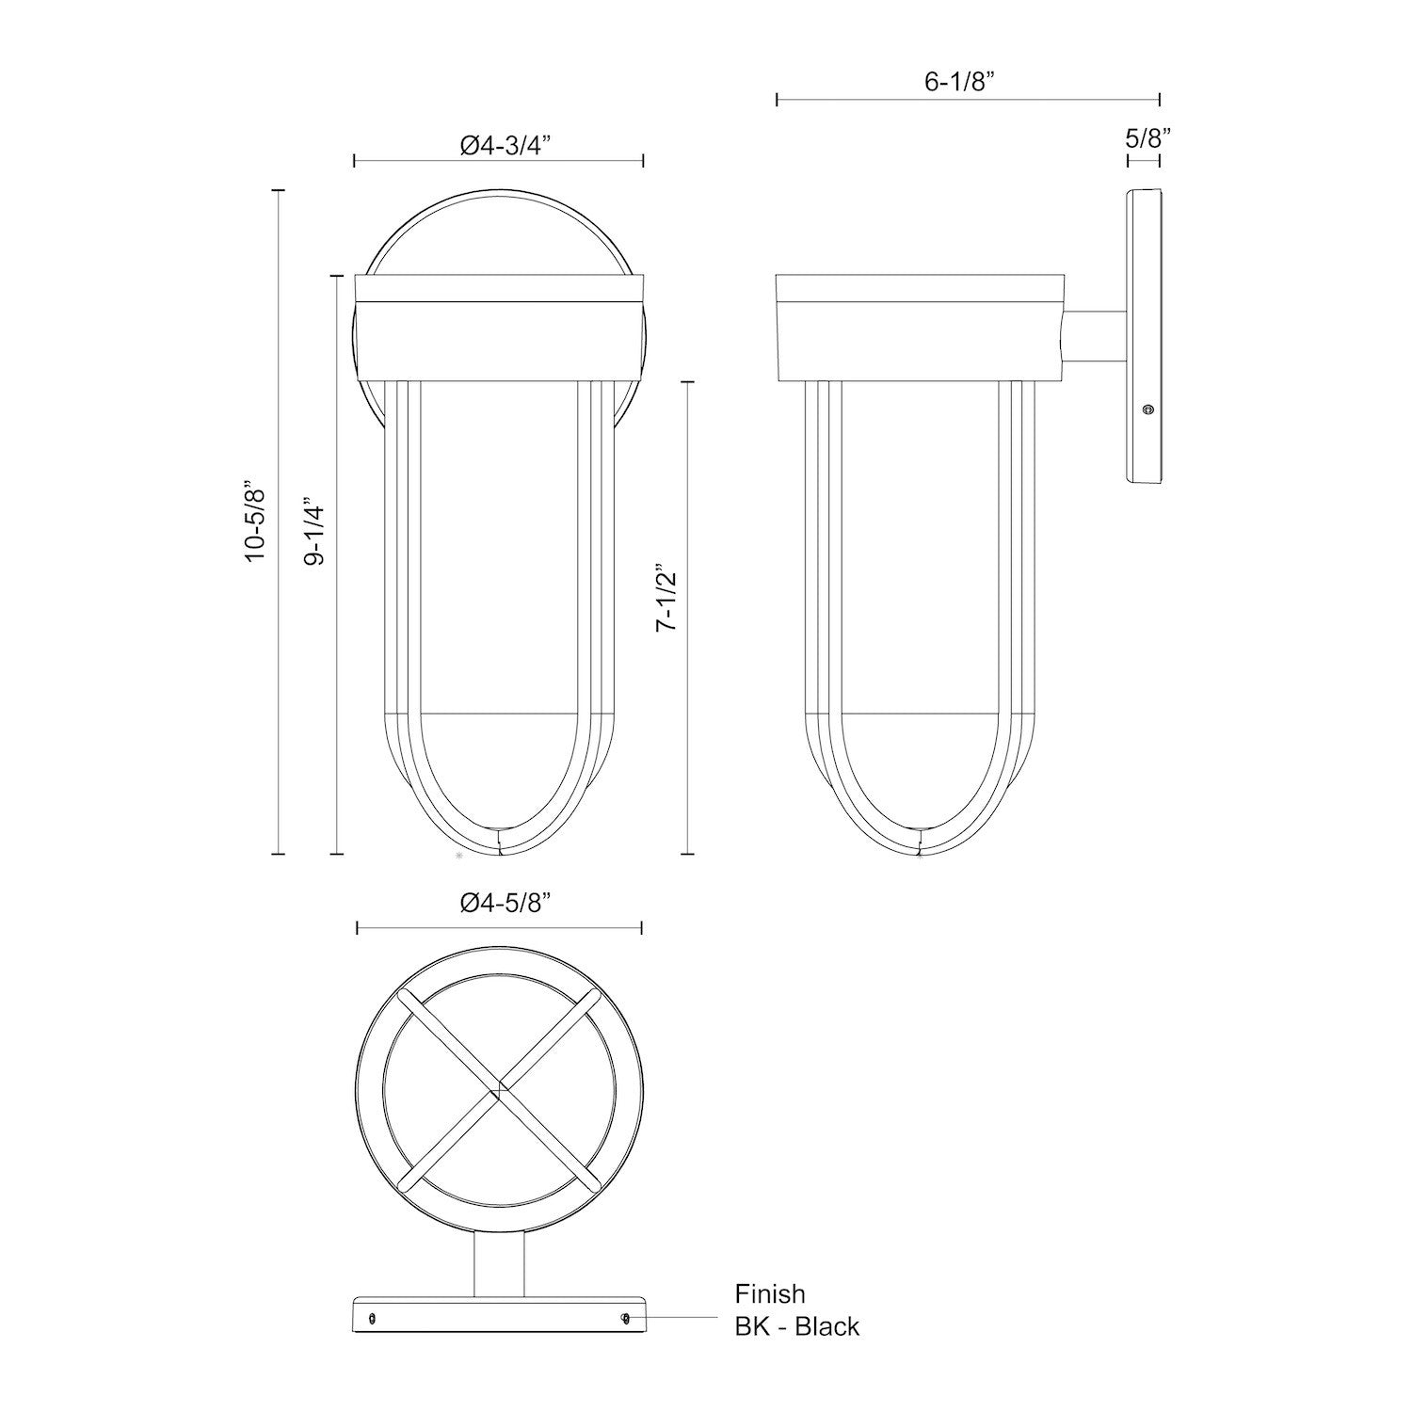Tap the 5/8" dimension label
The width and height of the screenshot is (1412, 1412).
tap(1147, 138)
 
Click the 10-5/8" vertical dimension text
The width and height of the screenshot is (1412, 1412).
tap(255, 523)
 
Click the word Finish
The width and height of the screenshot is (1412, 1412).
tap(770, 1294)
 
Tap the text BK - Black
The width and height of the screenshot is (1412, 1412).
tap(796, 1326)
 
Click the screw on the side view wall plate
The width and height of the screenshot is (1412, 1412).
tap(1147, 409)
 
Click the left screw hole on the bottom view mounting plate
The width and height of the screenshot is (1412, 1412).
tap(374, 1319)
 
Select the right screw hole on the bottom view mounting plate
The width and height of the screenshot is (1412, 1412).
tap(626, 1319)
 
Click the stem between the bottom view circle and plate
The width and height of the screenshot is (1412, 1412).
tap(498, 1266)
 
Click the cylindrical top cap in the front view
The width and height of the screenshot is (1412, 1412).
tap(498, 329)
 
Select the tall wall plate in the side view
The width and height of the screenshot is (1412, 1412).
tap(1144, 348)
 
